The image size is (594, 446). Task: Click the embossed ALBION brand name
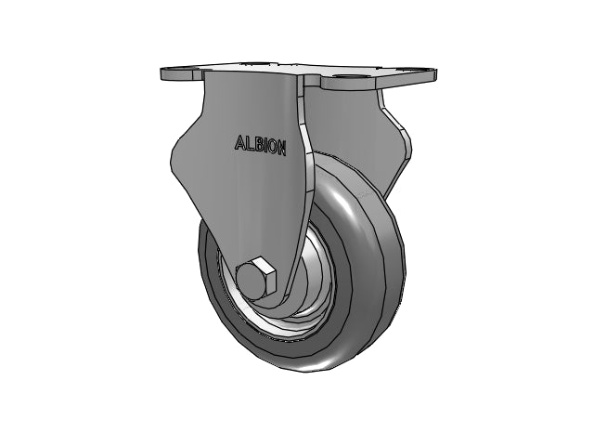pyautogui.click(x=260, y=145)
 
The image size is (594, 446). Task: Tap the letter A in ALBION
pyautogui.click(x=239, y=142)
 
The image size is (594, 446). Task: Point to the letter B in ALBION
pyautogui.click(x=257, y=144)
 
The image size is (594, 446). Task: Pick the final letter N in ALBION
pyautogui.click(x=281, y=147)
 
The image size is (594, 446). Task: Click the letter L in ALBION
pyautogui.click(x=249, y=143)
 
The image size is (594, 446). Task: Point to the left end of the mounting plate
pyautogui.click(x=163, y=73)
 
